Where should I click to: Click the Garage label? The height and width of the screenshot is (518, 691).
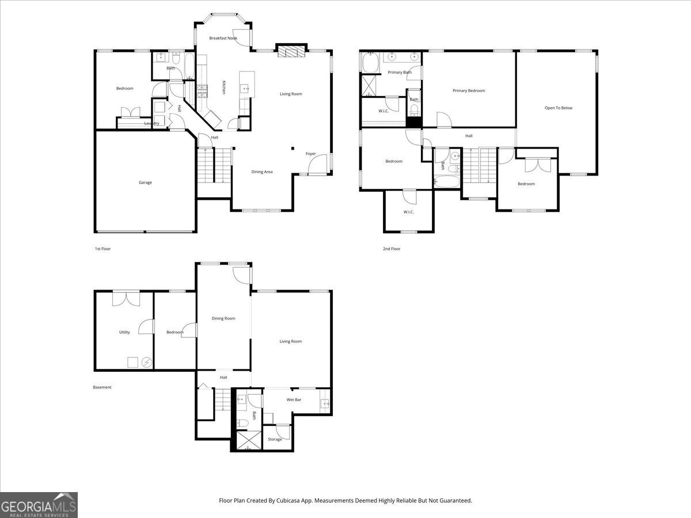(145, 182)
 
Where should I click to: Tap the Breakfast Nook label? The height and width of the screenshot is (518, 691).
(223, 38)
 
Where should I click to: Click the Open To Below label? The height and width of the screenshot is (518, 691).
(559, 108)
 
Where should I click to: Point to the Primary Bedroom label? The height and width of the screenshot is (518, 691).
(469, 90)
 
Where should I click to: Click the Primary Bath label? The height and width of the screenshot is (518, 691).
(400, 73)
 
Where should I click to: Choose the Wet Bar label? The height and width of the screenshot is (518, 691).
(294, 399)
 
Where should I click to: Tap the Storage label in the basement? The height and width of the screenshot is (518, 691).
(275, 439)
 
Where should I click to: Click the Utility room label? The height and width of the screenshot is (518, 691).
(124, 332)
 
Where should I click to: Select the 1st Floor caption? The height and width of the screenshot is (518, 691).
(102, 249)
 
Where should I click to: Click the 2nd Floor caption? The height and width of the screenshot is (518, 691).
(392, 249)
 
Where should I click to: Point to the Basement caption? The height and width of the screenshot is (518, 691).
(102, 387)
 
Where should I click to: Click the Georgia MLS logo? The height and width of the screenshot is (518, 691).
(39, 505)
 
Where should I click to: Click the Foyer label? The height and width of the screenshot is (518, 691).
(311, 154)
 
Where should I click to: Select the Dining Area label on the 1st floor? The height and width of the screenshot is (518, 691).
(262, 172)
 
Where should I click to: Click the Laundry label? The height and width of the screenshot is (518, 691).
(152, 123)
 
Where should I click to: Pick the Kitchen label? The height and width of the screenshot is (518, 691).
(224, 87)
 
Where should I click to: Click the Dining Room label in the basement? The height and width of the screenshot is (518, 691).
(223, 318)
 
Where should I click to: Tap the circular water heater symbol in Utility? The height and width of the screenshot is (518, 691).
(147, 363)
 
